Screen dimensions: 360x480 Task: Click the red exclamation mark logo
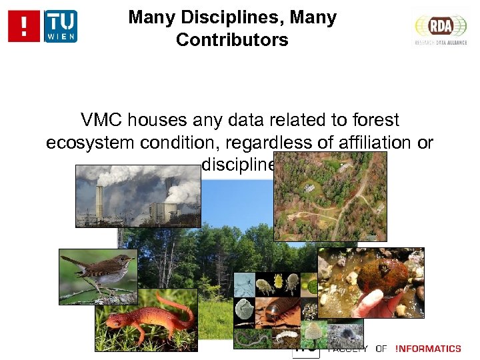pyautogui.click(x=25, y=26)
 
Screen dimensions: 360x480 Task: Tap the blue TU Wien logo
pyautogui.click(x=60, y=26)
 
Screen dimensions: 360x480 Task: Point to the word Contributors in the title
pyautogui.click(x=232, y=40)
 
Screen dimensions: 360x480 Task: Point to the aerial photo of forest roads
pyautogui.click(x=330, y=196)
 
